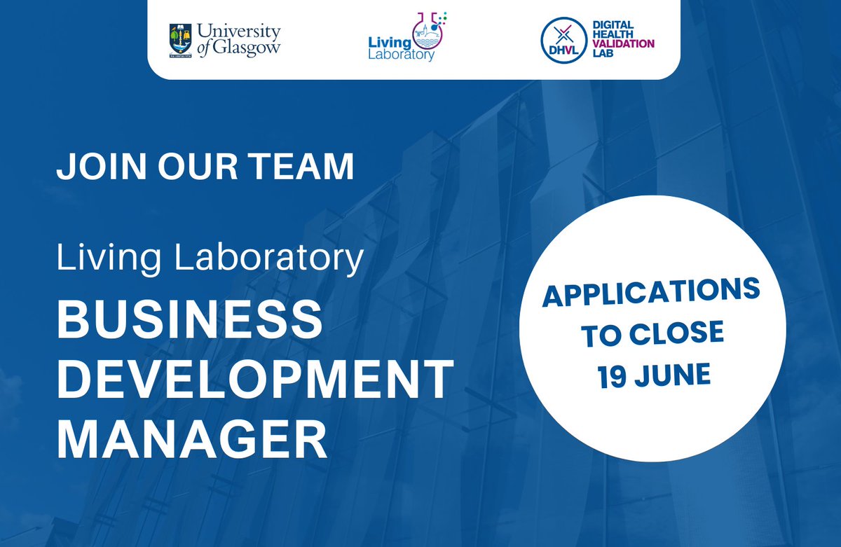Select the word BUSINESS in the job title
[189, 321]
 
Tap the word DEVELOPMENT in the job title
[255, 380]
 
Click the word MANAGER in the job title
[192, 439]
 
